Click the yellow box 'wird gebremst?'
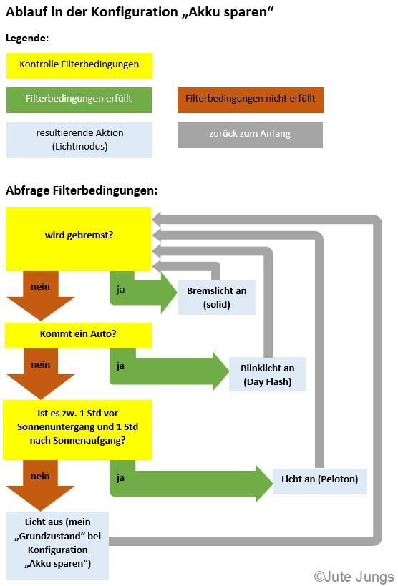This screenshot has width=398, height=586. (78, 239)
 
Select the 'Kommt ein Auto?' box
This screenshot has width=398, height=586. (78, 336)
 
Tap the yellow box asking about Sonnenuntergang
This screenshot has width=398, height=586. (77, 430)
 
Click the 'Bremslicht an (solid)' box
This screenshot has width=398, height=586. (217, 298)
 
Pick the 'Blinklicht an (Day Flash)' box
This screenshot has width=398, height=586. (268, 374)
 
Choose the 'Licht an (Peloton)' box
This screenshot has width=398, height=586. (319, 481)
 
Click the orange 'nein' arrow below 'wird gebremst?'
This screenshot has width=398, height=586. (41, 296)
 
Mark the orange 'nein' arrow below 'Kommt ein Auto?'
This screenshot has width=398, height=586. (41, 373)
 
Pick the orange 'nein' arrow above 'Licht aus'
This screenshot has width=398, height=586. (41, 485)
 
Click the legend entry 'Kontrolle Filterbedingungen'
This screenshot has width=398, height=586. (79, 66)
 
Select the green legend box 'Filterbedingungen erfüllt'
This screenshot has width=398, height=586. (79, 100)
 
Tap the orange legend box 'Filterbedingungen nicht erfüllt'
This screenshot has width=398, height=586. (251, 100)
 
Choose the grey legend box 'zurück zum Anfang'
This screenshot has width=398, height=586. (250, 135)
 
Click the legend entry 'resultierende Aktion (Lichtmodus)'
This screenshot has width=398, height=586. (79, 140)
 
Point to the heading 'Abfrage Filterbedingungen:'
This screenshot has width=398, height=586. (82, 190)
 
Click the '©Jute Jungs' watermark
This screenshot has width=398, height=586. (354, 577)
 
